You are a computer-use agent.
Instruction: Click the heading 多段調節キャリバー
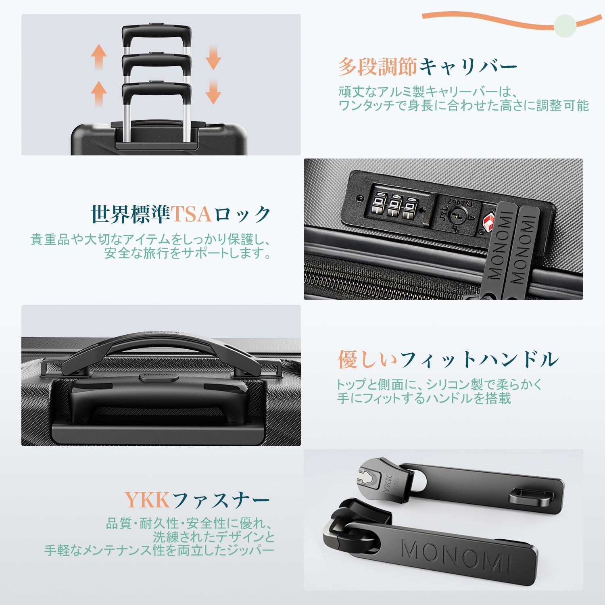(428, 67)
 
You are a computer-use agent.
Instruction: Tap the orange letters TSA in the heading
(191, 214)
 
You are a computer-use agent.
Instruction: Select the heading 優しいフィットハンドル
(448, 359)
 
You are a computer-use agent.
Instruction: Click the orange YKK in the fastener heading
(147, 500)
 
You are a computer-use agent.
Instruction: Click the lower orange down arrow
(213, 92)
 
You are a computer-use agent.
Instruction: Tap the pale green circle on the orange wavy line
(565, 26)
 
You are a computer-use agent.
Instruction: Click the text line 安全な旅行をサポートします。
(188, 253)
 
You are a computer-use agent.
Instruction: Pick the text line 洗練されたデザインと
(214, 537)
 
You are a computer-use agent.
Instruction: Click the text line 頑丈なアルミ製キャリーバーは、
(428, 92)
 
